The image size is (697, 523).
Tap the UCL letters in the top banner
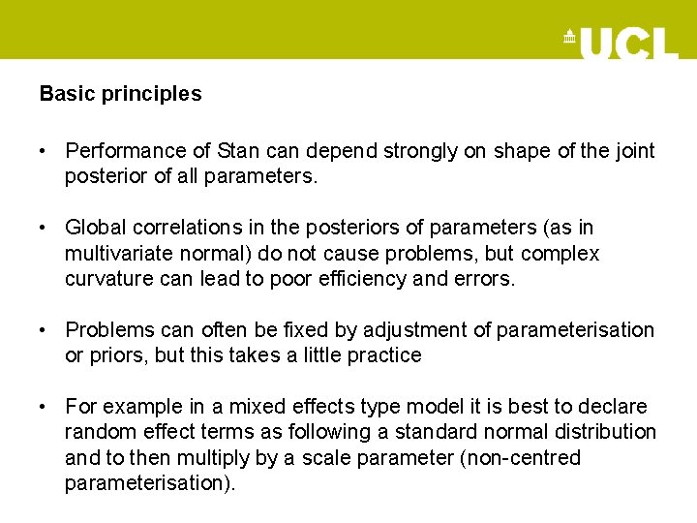point(628,43)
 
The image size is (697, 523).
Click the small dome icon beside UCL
point(569,38)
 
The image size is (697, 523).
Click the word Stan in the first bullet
point(237,151)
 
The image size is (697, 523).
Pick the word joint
point(633,151)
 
